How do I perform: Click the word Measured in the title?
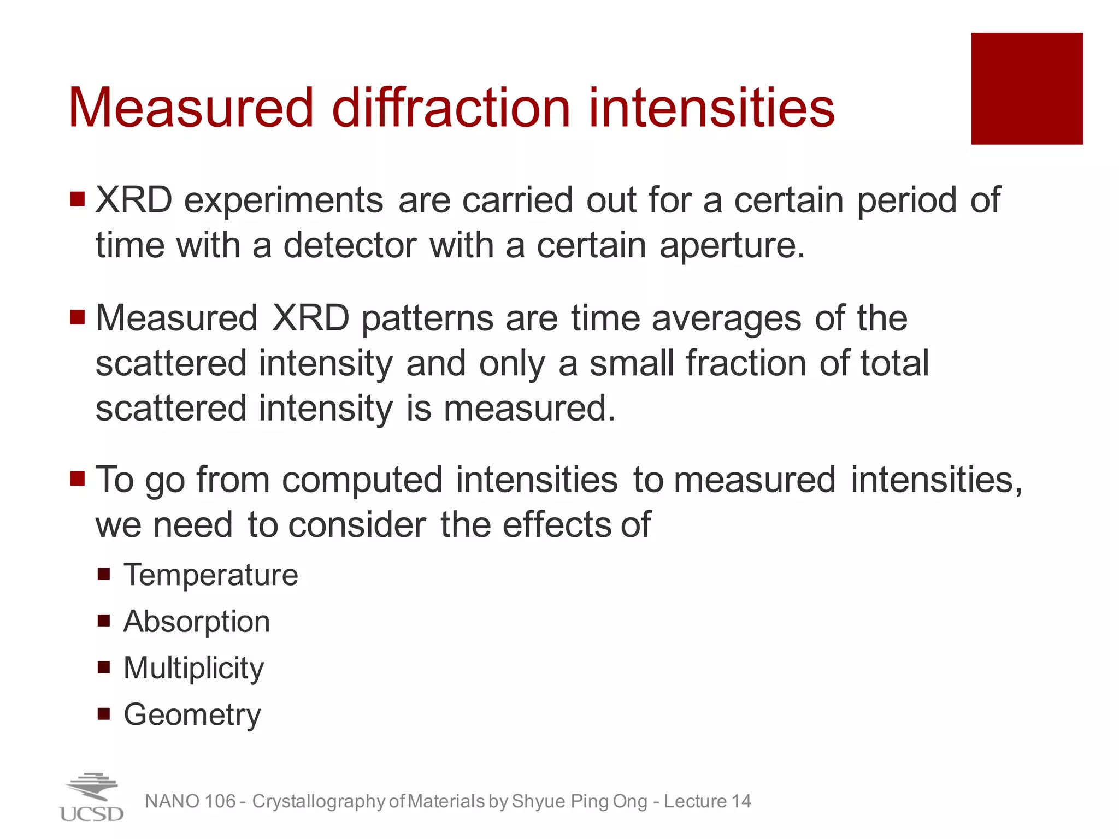tap(191, 108)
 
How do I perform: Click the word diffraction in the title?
tap(451, 108)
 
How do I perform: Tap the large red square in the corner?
tap(1027, 88)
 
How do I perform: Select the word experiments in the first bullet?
tap(283, 201)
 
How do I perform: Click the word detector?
tap(350, 246)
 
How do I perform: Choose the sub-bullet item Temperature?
tap(211, 575)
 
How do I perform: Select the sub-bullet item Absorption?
tap(197, 622)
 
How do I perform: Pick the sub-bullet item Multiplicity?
tap(193, 669)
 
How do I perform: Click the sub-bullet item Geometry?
tap(192, 715)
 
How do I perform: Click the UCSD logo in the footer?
tap(91, 798)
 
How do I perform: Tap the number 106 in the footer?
tap(220, 801)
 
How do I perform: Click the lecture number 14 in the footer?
tap(741, 801)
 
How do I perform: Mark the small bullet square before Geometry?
tap(104, 713)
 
